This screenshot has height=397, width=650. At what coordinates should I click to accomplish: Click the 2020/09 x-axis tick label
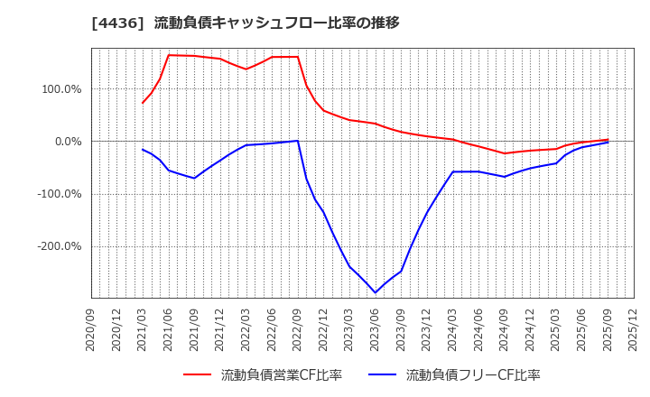(x=91, y=330)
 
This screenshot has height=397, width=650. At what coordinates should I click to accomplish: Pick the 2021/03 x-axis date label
(x=143, y=330)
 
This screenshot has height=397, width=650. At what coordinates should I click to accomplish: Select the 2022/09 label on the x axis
(x=298, y=330)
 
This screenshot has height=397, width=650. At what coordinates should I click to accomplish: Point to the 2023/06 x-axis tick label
(x=376, y=330)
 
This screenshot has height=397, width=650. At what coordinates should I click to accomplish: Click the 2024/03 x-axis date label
(x=453, y=330)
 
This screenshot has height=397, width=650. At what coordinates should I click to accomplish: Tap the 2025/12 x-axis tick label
(x=634, y=330)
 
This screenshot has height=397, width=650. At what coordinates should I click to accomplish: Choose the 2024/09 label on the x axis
(x=505, y=330)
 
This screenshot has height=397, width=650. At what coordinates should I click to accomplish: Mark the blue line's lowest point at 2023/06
(x=376, y=292)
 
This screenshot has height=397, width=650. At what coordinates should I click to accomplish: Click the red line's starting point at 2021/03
(x=143, y=103)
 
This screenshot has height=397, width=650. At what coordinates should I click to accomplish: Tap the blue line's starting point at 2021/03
(x=143, y=150)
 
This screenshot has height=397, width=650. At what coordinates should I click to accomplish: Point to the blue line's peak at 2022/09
(x=298, y=140)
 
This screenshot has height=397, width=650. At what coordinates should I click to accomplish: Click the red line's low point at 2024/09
(x=505, y=153)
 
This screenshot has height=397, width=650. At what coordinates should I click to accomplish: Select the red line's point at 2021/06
(x=169, y=55)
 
